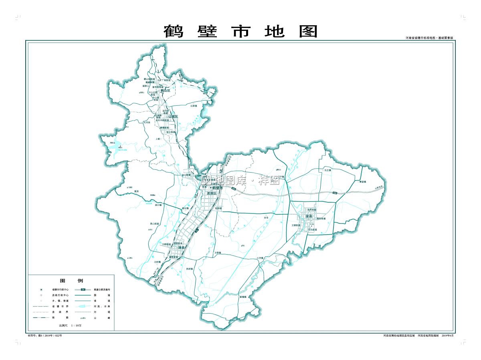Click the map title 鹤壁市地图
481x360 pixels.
(240, 31)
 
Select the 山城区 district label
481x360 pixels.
(173, 117)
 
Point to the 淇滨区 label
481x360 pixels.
(211, 193)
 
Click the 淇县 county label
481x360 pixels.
(181, 248)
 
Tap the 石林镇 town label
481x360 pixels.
(194, 106)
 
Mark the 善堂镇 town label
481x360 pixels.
(363, 182)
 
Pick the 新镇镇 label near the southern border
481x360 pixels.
(243, 297)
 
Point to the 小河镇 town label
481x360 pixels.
(260, 258)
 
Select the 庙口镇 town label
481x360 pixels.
(158, 205)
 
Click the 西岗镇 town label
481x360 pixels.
(190, 269)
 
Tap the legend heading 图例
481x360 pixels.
(71, 280)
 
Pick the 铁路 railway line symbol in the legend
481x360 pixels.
(41, 318)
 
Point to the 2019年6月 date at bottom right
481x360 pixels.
(448, 335)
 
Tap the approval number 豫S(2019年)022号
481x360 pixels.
(45, 335)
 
